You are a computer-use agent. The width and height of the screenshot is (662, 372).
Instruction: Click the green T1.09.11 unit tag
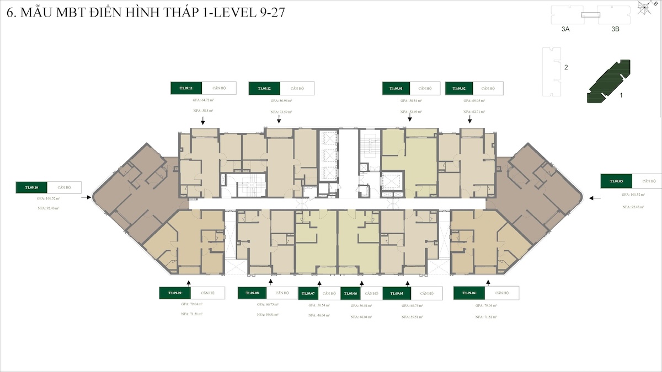click(x=186, y=88)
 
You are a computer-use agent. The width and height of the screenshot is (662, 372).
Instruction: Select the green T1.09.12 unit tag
click(x=264, y=89)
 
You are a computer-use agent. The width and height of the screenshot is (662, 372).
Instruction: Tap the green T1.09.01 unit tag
click(x=396, y=88)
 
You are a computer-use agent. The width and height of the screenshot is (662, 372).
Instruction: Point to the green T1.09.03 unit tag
click(x=616, y=181)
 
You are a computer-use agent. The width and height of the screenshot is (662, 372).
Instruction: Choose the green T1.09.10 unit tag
click(x=31, y=187)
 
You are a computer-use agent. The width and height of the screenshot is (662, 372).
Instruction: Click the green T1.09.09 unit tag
click(x=175, y=293)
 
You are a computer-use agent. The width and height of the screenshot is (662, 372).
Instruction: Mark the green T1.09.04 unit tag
click(x=469, y=293)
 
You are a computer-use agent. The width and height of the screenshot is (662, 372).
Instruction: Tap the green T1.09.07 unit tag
click(x=308, y=294)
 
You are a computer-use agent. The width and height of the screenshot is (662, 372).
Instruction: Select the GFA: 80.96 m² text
click(x=281, y=101)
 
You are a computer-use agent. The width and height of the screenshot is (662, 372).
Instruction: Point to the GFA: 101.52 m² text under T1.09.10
click(x=49, y=198)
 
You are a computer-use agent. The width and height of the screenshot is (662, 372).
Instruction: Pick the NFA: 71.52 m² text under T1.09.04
click(x=486, y=314)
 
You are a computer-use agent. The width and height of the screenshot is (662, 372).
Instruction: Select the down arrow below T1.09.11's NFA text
click(x=203, y=121)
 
